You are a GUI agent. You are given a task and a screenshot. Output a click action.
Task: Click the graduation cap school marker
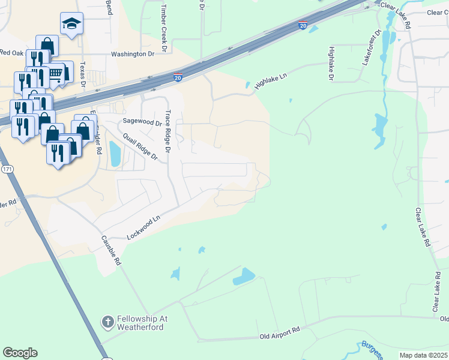click(x=71, y=24)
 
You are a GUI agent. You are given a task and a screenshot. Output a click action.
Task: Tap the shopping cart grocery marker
click(x=55, y=74)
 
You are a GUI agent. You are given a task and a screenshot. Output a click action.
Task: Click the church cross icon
click(x=107, y=322)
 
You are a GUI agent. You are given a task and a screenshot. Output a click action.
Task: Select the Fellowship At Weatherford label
click(x=136, y=322)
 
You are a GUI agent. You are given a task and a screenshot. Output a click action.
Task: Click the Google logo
click(x=20, y=353)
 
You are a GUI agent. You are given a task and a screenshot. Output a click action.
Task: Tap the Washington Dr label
click(x=133, y=54)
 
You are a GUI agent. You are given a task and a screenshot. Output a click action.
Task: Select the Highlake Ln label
click(x=271, y=82)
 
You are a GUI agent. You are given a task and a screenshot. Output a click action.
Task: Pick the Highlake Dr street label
click(x=331, y=62)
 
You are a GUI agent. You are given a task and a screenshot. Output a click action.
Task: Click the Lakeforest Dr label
click(x=370, y=48)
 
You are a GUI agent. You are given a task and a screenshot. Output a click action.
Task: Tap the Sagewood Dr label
click(x=143, y=121)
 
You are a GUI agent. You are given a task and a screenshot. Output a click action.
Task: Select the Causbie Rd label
click(x=111, y=252)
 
